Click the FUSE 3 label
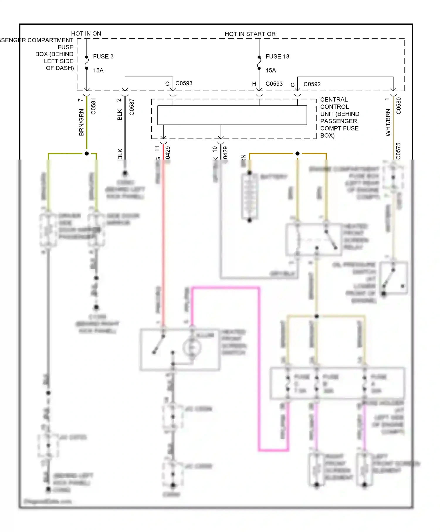(x=103, y=56)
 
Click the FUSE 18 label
(x=277, y=56)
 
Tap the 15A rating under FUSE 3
(x=98, y=70)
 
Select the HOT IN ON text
(x=86, y=33)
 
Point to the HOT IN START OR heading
(x=250, y=34)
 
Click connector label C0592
(x=312, y=84)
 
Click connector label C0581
(x=93, y=106)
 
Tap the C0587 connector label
(x=131, y=107)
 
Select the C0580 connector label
(x=398, y=106)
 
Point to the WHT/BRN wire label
(x=388, y=122)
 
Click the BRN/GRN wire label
(x=81, y=122)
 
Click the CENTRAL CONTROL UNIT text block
(x=339, y=117)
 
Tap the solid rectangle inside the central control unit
(x=232, y=115)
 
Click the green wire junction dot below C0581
(x=87, y=153)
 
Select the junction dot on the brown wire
(x=297, y=153)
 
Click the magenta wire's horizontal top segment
(x=225, y=288)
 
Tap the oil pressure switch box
(x=393, y=278)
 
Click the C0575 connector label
(x=398, y=151)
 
